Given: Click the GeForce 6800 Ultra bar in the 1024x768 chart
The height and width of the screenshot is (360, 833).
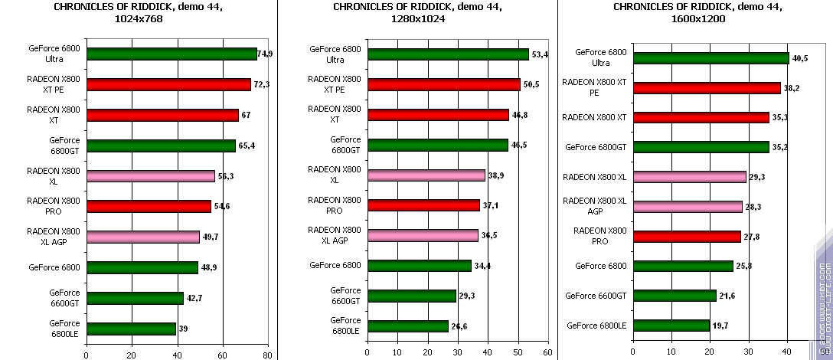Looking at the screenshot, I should (171, 54).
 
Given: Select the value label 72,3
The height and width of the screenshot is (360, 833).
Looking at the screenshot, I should (262, 84).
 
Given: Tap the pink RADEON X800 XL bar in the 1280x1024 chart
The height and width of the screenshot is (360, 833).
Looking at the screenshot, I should (426, 175).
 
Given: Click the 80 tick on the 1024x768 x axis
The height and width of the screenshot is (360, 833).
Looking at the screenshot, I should (267, 355).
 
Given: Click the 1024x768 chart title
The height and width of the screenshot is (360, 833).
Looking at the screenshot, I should (139, 13).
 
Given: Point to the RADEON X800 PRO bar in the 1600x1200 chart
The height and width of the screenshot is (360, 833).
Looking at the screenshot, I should (687, 237).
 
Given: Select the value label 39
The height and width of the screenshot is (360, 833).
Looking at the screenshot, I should (185, 329).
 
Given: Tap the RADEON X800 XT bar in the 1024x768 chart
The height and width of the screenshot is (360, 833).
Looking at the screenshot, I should (162, 115).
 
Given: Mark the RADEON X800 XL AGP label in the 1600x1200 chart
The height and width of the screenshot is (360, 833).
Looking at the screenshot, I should (595, 206).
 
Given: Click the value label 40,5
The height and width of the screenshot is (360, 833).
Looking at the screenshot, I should (800, 58).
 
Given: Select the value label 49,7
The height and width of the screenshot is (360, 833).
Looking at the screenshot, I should (211, 237).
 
